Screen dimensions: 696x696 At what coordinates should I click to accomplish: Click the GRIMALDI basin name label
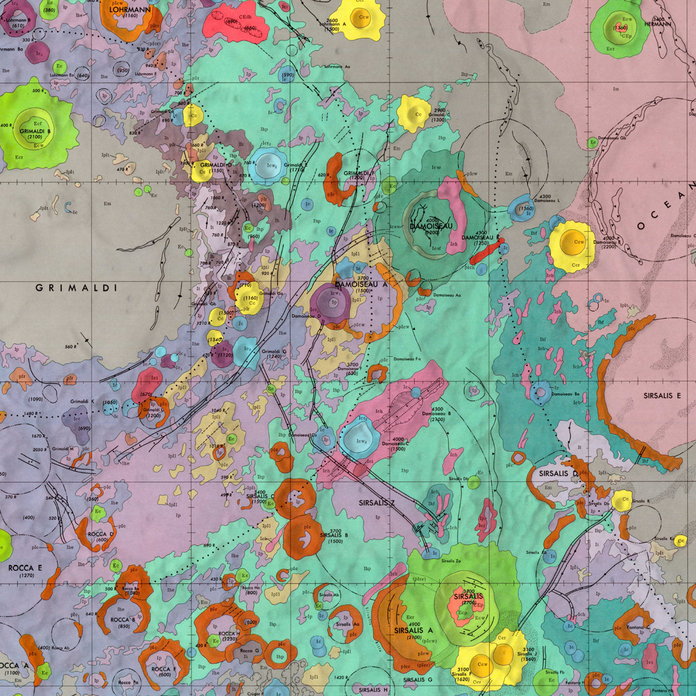(x=76, y=288)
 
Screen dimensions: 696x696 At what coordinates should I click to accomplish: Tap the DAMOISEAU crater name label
(x=431, y=226)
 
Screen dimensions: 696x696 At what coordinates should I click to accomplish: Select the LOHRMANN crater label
(x=130, y=9)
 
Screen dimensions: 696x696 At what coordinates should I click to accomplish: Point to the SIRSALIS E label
(x=662, y=395)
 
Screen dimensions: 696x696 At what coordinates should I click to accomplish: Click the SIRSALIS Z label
(x=376, y=503)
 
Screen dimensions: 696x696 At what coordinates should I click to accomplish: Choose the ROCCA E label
(x=25, y=568)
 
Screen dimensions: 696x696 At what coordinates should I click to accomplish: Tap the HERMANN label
(x=658, y=24)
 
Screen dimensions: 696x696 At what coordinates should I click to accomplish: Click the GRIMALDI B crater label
(x=35, y=131)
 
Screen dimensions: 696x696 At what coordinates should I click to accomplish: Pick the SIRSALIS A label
(x=413, y=631)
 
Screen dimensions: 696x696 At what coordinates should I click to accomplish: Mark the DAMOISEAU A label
(x=361, y=284)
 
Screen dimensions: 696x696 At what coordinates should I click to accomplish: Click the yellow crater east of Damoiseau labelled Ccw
(x=572, y=244)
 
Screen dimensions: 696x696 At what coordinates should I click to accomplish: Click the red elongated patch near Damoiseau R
(x=487, y=253)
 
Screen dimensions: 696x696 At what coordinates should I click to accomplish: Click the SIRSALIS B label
(x=334, y=535)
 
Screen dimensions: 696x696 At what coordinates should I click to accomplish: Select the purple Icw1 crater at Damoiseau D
(x=332, y=303)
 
